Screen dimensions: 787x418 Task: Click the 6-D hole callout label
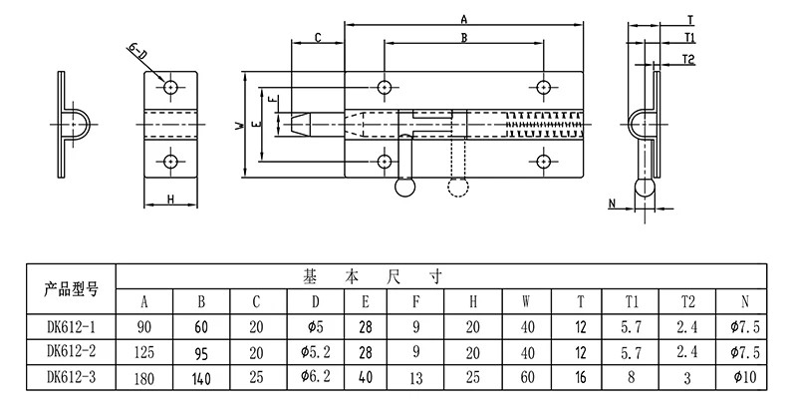(x=136, y=52)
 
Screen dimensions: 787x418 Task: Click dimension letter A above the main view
(x=464, y=20)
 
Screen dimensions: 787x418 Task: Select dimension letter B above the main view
(x=464, y=38)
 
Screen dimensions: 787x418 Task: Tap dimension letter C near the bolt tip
(x=318, y=38)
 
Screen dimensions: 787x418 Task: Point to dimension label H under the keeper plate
(x=170, y=200)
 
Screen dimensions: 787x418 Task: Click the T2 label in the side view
(x=688, y=60)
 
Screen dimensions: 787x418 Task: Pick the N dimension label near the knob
(x=612, y=204)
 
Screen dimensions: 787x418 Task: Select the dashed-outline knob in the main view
(x=457, y=187)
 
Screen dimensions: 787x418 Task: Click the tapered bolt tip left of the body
(x=301, y=124)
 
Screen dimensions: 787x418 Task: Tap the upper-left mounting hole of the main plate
(x=385, y=87)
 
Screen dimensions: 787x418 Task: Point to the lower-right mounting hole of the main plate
(x=543, y=162)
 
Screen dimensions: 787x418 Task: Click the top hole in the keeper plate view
(x=170, y=87)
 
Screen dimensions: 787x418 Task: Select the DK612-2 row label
(x=71, y=351)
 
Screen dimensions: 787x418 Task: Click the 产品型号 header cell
(x=71, y=289)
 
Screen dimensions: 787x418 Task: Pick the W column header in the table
(x=526, y=302)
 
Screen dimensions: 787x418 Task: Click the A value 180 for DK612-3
(x=144, y=378)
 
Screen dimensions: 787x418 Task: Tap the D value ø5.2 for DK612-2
(x=315, y=352)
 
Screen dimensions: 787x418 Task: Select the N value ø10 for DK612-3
(x=744, y=377)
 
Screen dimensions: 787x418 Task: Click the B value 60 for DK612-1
(x=201, y=327)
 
